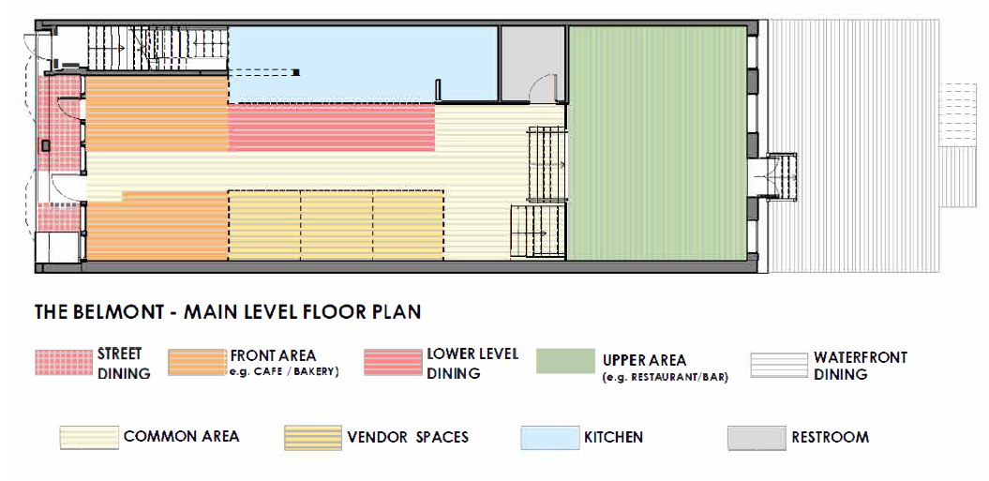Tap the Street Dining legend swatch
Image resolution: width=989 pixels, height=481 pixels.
point(63,363)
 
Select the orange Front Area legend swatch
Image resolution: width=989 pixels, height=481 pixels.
point(196,363)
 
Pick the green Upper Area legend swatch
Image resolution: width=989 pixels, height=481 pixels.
point(565,362)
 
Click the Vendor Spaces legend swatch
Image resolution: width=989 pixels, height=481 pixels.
point(312,437)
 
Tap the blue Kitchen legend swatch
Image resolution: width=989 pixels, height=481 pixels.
point(548,437)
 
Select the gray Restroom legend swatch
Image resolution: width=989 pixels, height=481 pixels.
point(756,437)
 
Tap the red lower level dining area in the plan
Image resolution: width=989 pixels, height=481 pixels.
point(332,128)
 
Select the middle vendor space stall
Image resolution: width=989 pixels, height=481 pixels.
point(337,225)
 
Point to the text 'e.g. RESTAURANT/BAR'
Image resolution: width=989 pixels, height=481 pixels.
point(665,377)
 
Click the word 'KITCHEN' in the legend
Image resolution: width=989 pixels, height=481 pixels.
point(613,437)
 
